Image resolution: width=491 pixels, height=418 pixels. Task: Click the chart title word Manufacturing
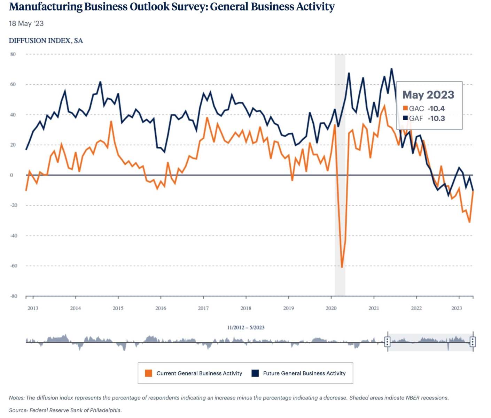[x=46, y=7]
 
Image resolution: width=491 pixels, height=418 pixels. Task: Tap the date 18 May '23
[x=26, y=24]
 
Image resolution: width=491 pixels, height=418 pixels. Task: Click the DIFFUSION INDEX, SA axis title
[x=46, y=41]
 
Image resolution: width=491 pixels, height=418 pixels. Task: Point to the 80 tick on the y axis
[x=13, y=54]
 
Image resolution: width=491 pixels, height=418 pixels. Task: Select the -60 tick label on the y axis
[x=13, y=266]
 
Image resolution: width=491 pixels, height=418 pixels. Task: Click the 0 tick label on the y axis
[x=11, y=175]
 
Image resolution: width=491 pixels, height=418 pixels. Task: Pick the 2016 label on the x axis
[x=161, y=308]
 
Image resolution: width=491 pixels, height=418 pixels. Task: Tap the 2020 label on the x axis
[x=331, y=308]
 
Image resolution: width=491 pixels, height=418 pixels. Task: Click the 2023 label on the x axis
[x=457, y=308]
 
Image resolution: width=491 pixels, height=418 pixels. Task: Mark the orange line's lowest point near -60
[x=342, y=267]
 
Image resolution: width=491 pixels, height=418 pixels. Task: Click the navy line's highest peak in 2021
[x=391, y=69]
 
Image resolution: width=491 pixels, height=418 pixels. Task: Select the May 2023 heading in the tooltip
[x=428, y=95]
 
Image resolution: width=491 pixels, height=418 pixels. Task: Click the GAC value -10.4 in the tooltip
[x=436, y=109]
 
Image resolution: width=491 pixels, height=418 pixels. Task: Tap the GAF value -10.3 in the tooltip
[x=436, y=118]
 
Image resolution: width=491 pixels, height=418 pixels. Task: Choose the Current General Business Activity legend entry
[x=199, y=373]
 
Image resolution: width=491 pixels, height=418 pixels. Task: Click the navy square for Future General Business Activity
[x=255, y=373]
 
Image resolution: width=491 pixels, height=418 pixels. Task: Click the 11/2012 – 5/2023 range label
[x=245, y=327]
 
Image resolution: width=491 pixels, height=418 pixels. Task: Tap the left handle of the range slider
[x=387, y=342]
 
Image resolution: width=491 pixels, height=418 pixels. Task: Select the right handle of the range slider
[x=473, y=342]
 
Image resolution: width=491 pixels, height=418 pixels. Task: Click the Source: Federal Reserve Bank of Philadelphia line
[x=65, y=410]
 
